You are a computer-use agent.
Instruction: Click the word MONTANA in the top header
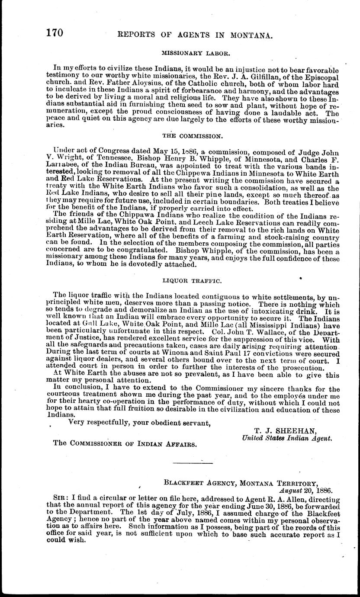coord(251,36)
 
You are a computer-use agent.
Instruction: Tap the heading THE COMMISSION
coord(192,136)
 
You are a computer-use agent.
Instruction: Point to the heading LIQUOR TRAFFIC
coord(193,281)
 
